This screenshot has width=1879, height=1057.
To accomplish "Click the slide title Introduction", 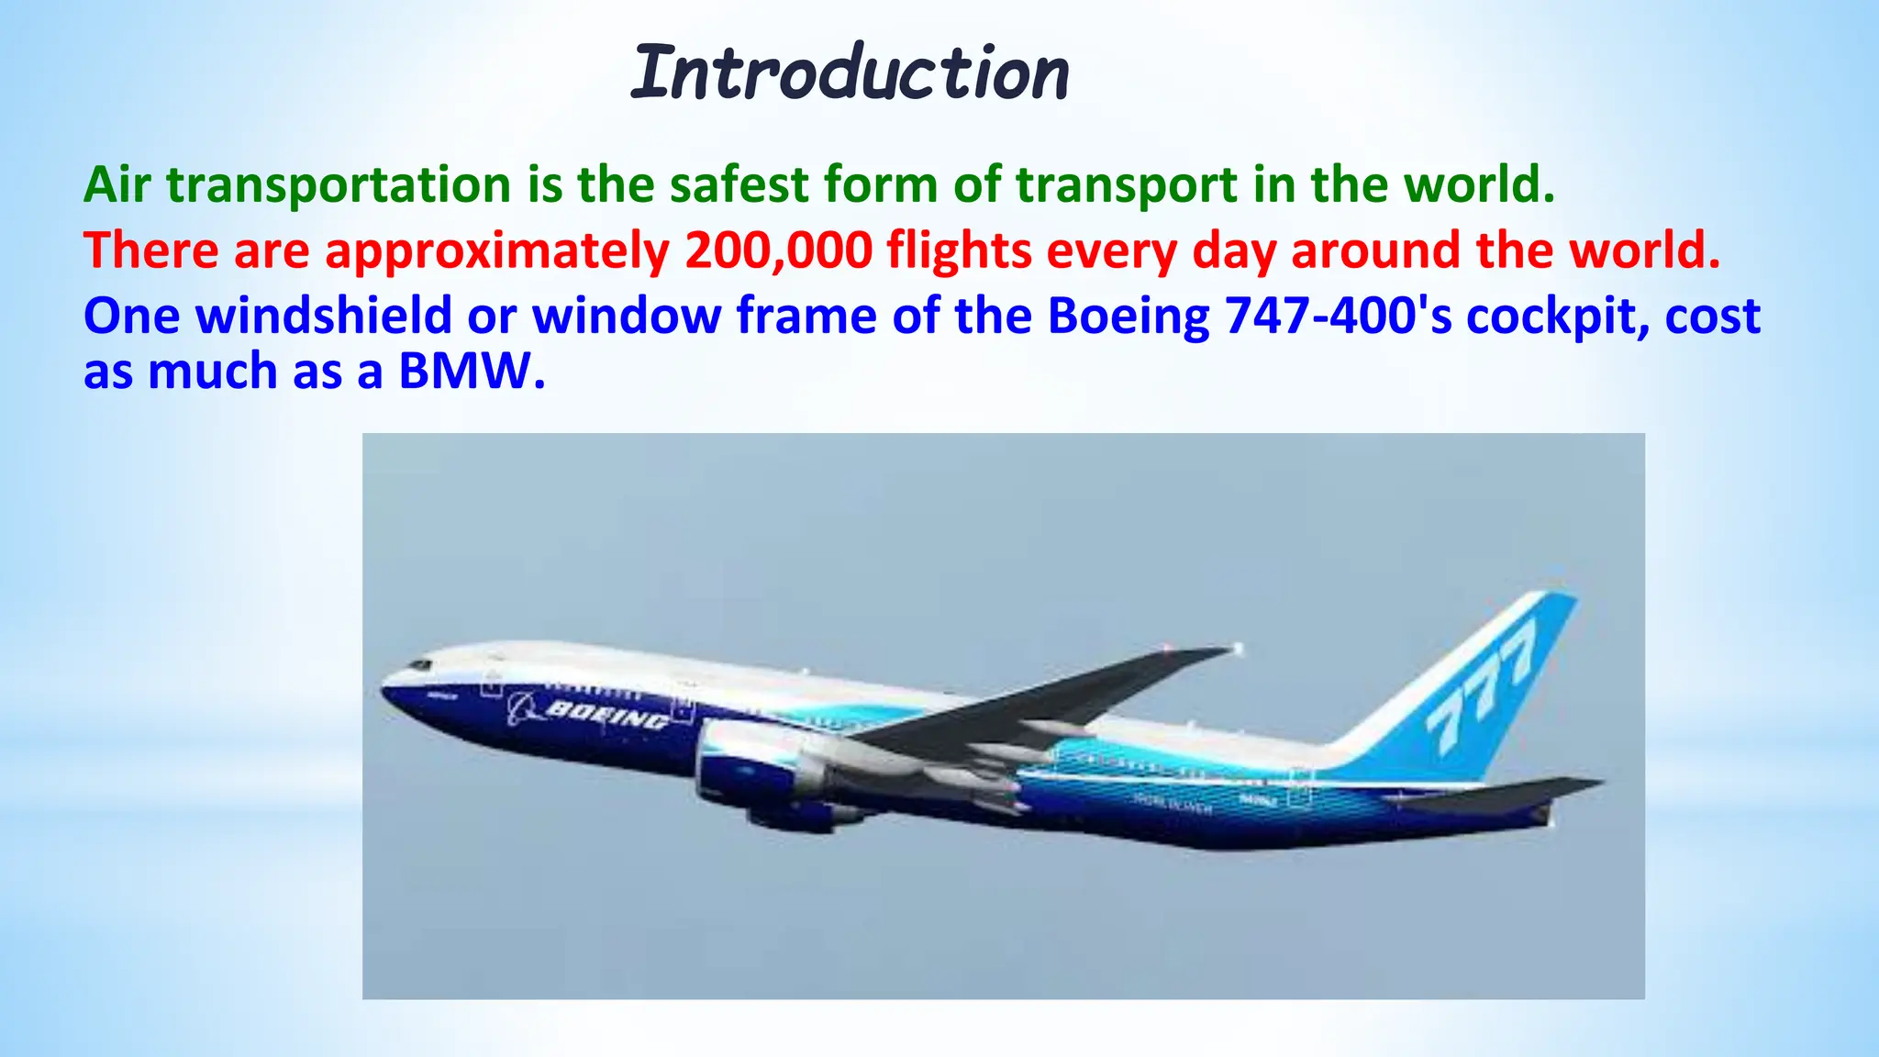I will pyautogui.click(x=850, y=73).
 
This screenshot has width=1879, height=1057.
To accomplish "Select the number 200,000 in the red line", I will pyautogui.click(x=778, y=250).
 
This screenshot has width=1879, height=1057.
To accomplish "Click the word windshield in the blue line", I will pyautogui.click(x=324, y=316).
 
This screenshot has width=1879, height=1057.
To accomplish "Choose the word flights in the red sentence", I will pyautogui.click(x=959, y=250).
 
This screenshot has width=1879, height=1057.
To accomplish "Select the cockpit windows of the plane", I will pyautogui.click(x=419, y=663).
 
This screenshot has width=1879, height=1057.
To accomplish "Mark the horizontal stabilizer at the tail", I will pyautogui.click(x=1514, y=792).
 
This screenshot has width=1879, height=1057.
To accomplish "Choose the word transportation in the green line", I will pyautogui.click(x=339, y=184).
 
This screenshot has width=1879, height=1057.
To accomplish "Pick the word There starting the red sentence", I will pyautogui.click(x=150, y=250).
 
